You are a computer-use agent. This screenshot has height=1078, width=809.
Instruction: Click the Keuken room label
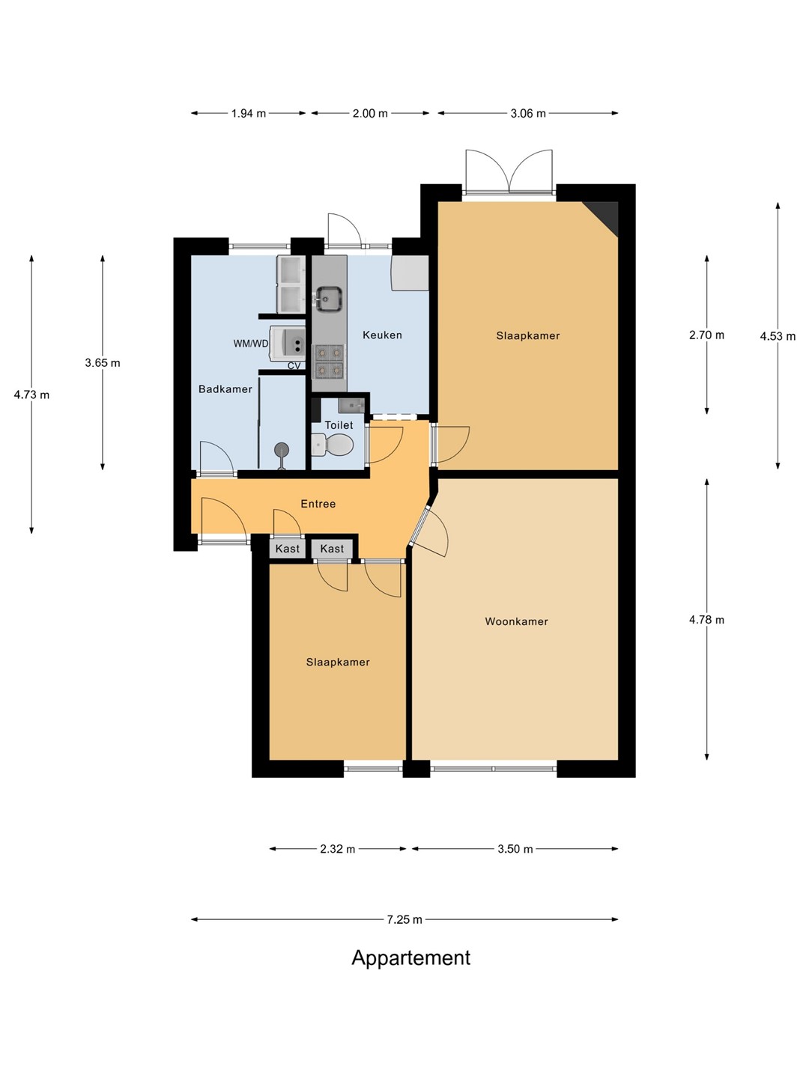[382, 335]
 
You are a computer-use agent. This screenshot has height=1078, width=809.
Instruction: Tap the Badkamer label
[225, 389]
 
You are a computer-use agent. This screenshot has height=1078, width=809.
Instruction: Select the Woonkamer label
[516, 621]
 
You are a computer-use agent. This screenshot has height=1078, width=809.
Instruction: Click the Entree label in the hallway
[318, 503]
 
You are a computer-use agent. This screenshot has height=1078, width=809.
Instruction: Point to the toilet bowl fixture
[333, 445]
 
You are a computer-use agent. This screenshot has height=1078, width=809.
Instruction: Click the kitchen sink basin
[329, 299]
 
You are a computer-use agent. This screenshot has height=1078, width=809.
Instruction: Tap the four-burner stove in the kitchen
[329, 361]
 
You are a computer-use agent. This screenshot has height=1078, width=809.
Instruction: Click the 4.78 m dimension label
[706, 620]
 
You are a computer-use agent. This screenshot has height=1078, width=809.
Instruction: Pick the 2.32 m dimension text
[337, 849]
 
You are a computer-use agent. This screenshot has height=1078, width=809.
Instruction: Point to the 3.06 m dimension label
[528, 114]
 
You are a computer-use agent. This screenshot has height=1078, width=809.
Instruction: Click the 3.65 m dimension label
[102, 363]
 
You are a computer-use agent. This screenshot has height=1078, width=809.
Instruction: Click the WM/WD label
[250, 344]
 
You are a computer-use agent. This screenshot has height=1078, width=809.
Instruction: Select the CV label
[294, 366]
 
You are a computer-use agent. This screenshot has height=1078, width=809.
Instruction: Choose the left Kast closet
[288, 549]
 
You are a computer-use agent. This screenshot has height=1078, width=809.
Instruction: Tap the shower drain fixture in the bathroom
[282, 450]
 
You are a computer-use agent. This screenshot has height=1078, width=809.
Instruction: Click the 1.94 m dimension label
[249, 114]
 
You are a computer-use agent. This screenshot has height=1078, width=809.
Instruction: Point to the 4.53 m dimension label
[778, 336]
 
